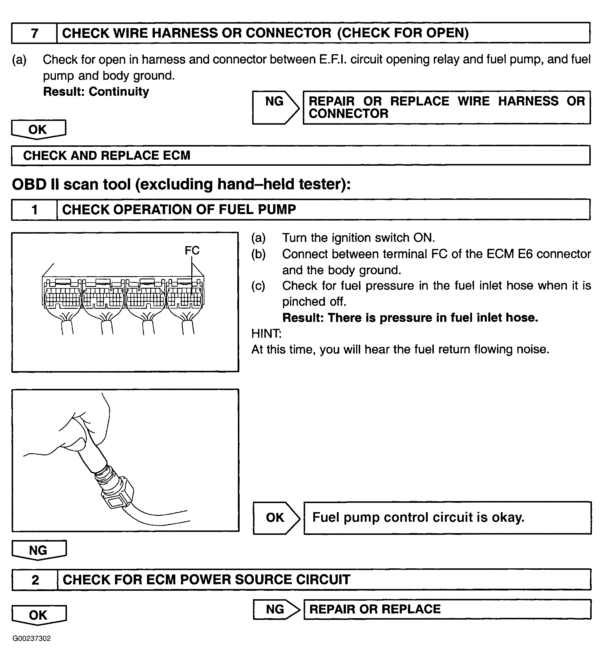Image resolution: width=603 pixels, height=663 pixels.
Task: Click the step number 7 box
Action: click(34, 33)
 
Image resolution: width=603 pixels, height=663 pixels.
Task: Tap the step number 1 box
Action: click(34, 209)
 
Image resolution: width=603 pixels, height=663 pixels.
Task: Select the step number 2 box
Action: click(35, 580)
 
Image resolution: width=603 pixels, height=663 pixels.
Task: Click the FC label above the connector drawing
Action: click(192, 251)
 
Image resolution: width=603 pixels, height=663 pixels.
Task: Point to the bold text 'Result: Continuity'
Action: click(96, 91)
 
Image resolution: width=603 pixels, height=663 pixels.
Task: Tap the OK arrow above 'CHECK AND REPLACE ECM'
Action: click(38, 129)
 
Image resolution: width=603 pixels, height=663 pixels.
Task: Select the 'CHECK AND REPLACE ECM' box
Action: click(300, 155)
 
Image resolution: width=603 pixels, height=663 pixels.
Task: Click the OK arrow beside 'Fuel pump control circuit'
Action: click(276, 518)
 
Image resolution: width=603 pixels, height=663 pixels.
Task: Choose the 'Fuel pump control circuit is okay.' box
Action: click(447, 518)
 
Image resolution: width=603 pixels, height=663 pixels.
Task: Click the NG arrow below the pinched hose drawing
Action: click(39, 550)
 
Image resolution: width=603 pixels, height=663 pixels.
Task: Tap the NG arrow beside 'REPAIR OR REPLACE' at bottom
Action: click(276, 609)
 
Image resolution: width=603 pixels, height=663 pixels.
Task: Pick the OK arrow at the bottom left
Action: click(39, 615)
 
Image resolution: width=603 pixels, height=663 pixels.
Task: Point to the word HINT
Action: click(266, 334)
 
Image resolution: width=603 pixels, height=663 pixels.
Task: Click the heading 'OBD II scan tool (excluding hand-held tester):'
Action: click(181, 184)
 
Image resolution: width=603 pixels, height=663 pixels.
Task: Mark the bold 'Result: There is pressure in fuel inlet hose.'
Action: click(410, 318)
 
